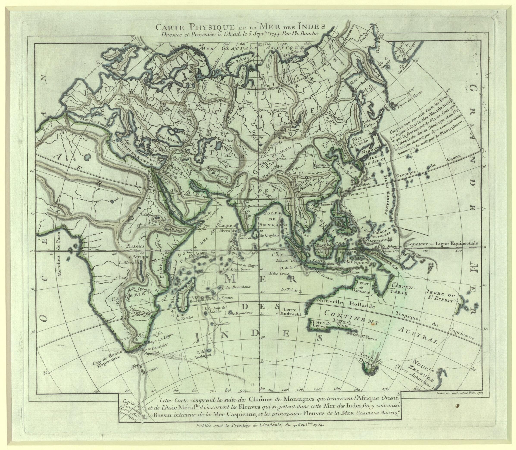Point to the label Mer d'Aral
tap(225, 140)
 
